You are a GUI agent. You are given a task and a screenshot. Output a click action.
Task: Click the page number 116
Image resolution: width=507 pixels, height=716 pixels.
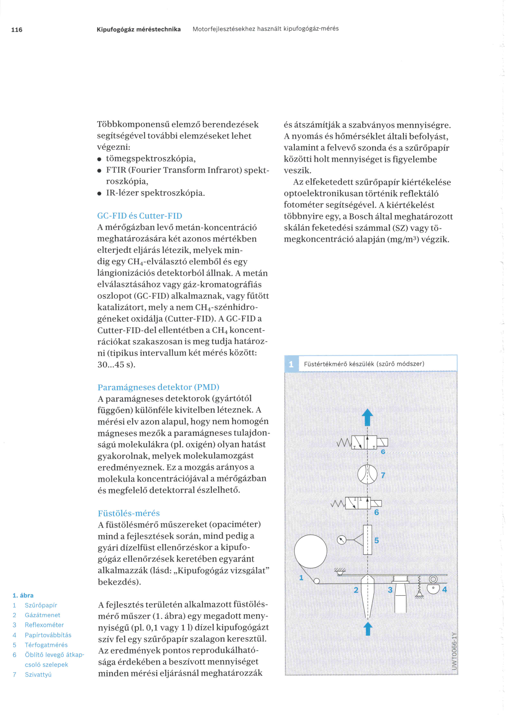click(17, 30)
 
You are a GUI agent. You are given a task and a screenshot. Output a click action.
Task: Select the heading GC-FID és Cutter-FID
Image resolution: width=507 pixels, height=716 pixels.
click(140, 216)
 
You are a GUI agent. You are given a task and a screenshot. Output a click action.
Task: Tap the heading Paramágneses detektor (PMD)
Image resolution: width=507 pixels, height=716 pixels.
click(158, 387)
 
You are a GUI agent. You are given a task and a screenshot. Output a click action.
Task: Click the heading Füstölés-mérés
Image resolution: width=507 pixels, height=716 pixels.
click(129, 513)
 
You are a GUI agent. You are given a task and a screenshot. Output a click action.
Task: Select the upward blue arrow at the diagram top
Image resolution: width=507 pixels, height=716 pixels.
click(367, 417)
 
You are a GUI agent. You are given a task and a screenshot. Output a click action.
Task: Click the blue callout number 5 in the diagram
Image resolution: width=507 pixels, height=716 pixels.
click(377, 540)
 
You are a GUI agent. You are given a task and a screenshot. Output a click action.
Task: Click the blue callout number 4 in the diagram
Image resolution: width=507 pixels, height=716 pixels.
click(445, 589)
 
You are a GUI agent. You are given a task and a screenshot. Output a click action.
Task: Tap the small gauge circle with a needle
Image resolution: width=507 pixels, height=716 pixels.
click(342, 540)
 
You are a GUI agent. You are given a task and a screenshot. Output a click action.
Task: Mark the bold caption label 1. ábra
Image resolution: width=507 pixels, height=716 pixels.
click(23, 595)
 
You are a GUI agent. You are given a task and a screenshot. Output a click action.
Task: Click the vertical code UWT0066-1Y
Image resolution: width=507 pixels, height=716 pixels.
click(454, 651)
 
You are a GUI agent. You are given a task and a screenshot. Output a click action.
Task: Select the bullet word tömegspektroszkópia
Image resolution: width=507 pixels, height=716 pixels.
click(151, 159)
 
